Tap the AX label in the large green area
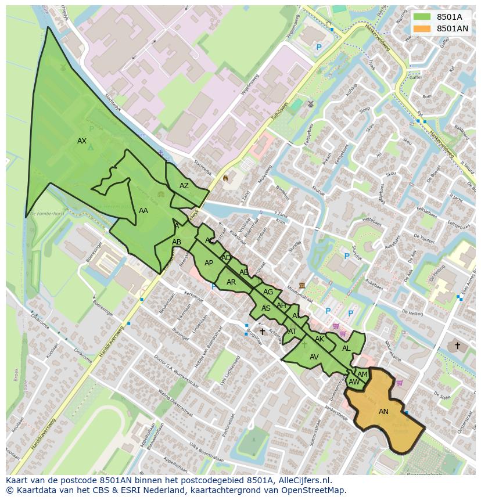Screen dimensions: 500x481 (x=82, y=141)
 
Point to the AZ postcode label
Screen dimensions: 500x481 (x=184, y=186)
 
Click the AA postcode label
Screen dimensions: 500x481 (x=143, y=211)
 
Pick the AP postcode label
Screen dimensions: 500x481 (x=209, y=263)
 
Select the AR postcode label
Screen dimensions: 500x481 (x=231, y=282)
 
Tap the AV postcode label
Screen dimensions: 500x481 (x=314, y=357)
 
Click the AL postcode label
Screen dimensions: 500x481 (x=346, y=348)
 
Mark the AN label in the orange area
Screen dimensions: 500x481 (x=383, y=412)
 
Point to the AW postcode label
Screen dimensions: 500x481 (x=354, y=382)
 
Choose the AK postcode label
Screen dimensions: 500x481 (x=320, y=339)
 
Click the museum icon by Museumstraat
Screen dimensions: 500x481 (x=302, y=285)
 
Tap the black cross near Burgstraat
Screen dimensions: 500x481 (x=262, y=332)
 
